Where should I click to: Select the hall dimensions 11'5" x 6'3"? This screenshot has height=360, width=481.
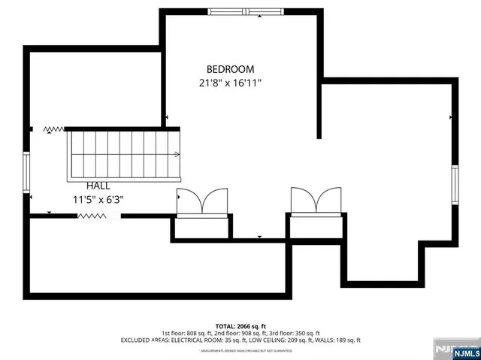coord(98,200)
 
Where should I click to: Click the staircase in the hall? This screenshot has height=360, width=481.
coord(125,154)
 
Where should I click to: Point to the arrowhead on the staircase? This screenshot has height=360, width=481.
coord(177,154)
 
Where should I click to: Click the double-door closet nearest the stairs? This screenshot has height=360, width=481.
coord(201,201)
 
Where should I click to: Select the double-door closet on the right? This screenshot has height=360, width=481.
coord(316,201)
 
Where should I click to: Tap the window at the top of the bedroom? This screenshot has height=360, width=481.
coord(240,11)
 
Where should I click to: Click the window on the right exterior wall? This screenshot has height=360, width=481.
coord(455,185)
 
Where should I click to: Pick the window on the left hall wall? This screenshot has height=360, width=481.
coord(26,174)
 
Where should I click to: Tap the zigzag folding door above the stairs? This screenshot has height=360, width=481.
coord(53,129)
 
